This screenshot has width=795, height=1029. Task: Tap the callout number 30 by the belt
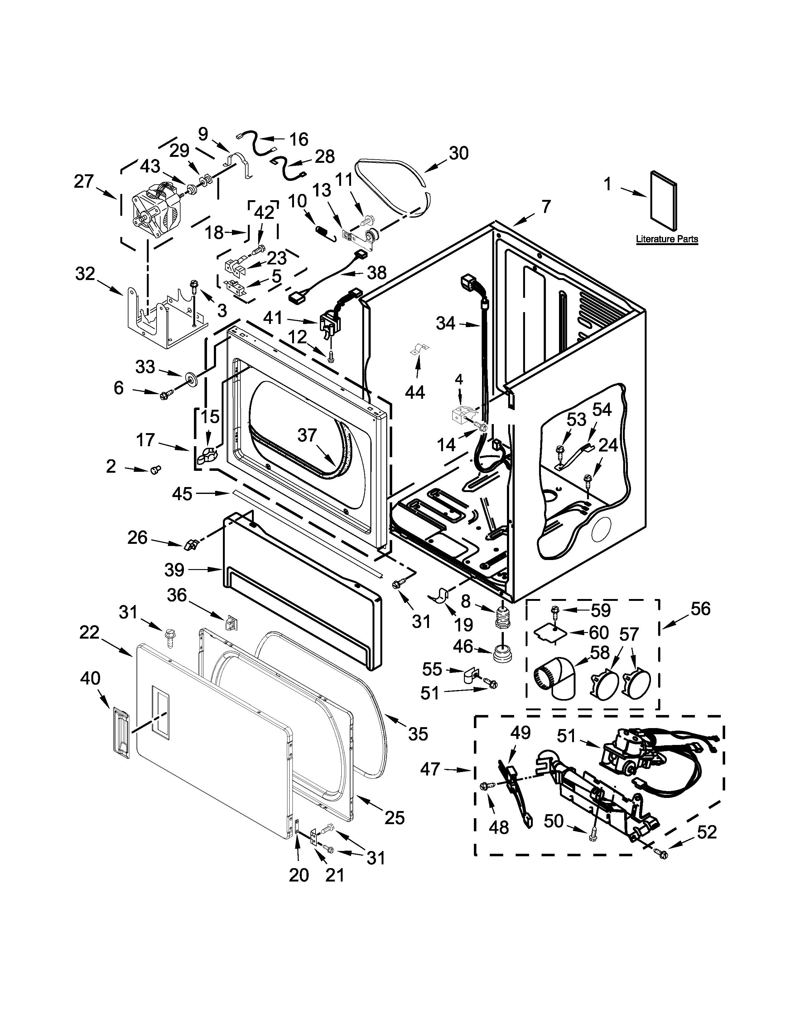pos(458,154)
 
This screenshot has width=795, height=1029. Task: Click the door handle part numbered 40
pos(121,736)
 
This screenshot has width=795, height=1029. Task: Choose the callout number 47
pos(430,769)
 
